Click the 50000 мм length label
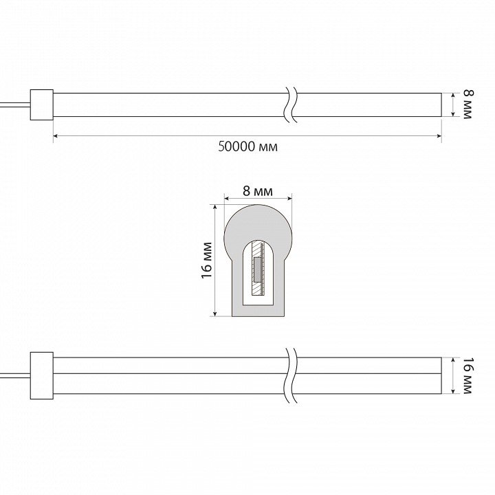click(x=247, y=147)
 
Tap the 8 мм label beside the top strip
click(x=468, y=104)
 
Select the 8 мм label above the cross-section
click(x=258, y=191)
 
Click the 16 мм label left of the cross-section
click(x=207, y=260)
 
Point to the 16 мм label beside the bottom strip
click(x=468, y=375)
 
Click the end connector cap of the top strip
click(x=42, y=104)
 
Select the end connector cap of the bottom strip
click(x=42, y=375)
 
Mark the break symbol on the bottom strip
click(x=291, y=375)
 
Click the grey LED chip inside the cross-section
click(x=258, y=270)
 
